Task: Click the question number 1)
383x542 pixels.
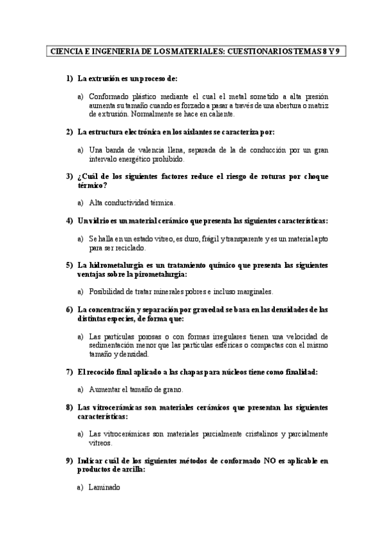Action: point(70,79)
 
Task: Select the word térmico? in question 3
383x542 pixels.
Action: point(91,185)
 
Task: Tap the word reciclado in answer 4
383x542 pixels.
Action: point(130,247)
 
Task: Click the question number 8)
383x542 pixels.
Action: point(70,407)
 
